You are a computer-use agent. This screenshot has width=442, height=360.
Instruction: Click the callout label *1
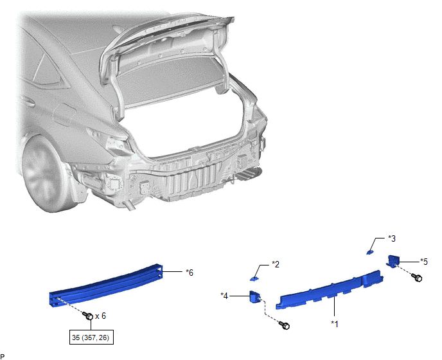[x=335, y=324]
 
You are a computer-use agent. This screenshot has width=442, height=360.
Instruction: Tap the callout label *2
[x=276, y=264]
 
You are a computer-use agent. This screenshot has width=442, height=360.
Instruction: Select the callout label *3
[x=392, y=239]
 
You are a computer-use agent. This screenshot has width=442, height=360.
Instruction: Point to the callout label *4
[x=224, y=296]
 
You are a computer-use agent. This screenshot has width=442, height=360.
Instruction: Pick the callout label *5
[x=424, y=262]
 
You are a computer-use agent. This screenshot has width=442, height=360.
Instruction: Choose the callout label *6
[x=190, y=273]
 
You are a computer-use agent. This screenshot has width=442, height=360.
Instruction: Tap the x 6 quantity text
[x=101, y=316]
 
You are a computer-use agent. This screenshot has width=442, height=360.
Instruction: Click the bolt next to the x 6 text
[x=88, y=316]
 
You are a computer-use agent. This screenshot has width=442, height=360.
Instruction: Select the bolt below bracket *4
[x=285, y=325]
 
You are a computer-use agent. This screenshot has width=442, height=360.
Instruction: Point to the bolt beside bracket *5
[x=417, y=277]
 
